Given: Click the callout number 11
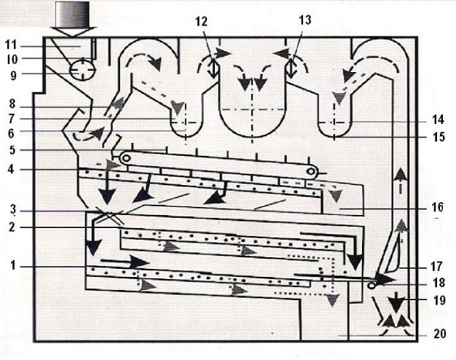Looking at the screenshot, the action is point(11,45).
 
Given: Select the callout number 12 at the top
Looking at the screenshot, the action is point(201,22).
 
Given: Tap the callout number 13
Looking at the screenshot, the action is point(304,20).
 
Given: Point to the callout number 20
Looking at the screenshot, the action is point(440,334).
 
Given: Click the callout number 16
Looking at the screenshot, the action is point(437,207).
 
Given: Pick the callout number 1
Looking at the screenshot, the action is point(12,265).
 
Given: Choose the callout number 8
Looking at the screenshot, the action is point(12,104).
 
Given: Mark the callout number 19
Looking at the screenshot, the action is point(439,300).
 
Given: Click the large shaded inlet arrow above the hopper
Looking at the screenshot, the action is point(73,19).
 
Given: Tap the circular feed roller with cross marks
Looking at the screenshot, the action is point(82,69).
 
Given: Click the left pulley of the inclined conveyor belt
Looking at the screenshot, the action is point(126,158).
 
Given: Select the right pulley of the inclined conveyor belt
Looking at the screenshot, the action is point(311,171).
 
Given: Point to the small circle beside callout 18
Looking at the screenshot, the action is point(372,286).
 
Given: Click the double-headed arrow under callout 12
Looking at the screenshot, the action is point(213,69).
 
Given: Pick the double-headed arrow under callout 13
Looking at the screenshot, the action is point(291,69).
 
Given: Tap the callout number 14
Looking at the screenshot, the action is point(438,120).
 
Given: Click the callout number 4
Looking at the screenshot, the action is point(11,169).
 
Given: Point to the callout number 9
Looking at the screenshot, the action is point(13,75).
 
